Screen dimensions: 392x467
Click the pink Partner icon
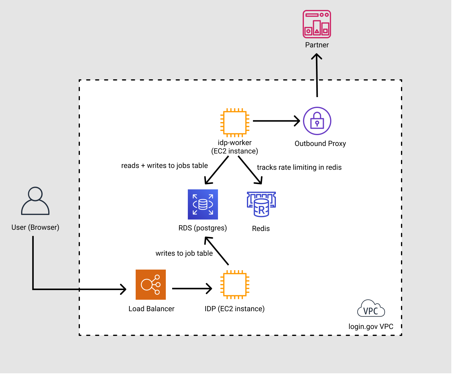317,24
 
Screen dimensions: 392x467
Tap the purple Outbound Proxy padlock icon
317,121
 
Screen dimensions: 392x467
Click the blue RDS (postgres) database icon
203,204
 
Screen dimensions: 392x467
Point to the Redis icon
261,204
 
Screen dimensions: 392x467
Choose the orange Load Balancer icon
151,285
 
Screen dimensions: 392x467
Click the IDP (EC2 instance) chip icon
235,285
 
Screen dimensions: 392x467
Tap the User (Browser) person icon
35,201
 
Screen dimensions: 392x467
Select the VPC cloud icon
371,309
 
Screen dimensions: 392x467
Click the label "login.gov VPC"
371,327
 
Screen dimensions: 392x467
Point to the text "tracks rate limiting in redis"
299,167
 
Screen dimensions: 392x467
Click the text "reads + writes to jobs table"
165,166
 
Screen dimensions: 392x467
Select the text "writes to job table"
184,253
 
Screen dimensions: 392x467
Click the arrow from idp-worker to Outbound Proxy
276,121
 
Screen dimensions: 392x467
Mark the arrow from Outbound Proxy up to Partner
317,75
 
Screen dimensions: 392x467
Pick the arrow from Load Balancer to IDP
192,289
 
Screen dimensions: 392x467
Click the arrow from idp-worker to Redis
250,170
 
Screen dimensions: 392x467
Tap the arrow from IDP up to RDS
217,251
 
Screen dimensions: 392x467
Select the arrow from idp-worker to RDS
217,170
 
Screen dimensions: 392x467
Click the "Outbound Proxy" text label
320,144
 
